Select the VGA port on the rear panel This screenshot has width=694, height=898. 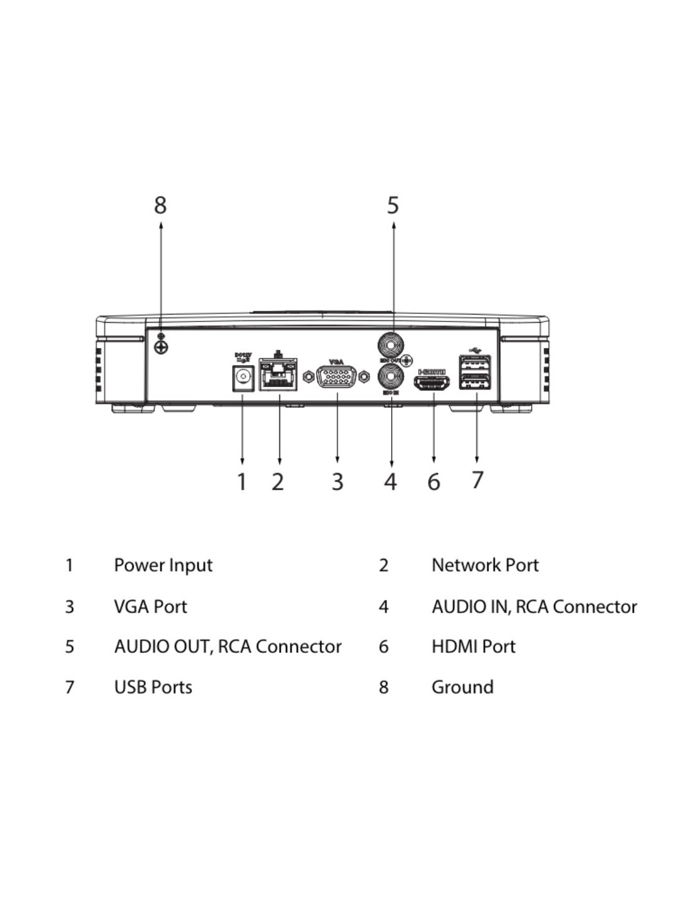pos(336,377)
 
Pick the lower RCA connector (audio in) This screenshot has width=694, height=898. pos(391,377)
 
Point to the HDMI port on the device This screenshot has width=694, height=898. pos(433,383)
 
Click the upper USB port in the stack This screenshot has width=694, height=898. pos(475,365)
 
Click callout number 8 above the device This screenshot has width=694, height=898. pos(160,205)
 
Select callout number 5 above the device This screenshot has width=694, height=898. pos(393,205)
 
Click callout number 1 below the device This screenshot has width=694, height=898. pos(242,481)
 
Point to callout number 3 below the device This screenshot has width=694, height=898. pos(338,481)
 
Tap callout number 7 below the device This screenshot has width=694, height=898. pos(478,480)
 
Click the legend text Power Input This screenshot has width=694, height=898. pos(163,565)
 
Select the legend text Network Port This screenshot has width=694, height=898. pos(485,565)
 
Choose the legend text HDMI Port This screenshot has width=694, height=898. pos(473,647)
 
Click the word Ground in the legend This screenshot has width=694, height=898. pos(462,687)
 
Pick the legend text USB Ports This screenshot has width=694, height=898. pos(153,687)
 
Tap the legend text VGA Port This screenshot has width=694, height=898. pos(150,607)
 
